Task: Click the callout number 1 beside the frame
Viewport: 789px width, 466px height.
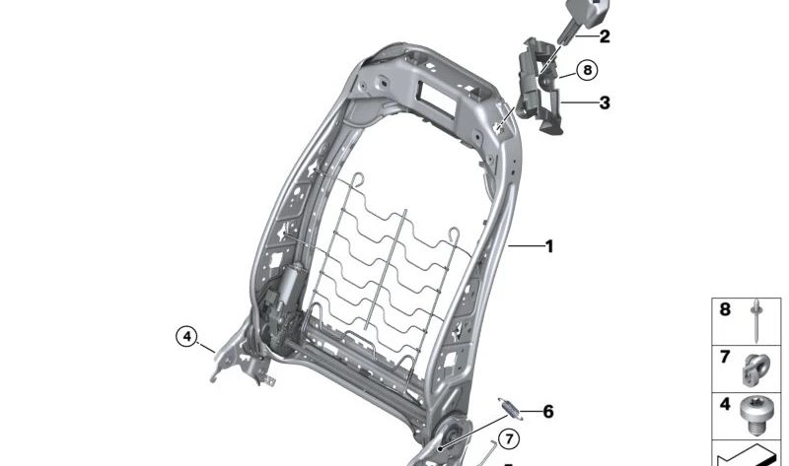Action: click(x=549, y=246)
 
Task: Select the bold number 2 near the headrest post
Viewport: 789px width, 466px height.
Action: click(x=604, y=37)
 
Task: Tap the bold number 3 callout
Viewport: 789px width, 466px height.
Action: click(x=604, y=101)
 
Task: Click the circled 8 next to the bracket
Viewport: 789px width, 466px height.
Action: click(x=588, y=70)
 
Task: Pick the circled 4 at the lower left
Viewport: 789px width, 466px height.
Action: click(x=186, y=336)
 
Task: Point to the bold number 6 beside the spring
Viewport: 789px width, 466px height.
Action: click(x=548, y=411)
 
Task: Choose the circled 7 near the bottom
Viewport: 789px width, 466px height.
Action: click(x=508, y=439)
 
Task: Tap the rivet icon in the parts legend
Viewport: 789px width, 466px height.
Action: click(x=754, y=318)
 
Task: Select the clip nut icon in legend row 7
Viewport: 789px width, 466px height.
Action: click(x=756, y=366)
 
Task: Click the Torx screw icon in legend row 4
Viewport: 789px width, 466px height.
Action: click(x=754, y=415)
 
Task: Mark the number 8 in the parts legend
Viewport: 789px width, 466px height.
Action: click(x=725, y=310)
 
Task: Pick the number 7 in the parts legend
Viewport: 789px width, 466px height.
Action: click(x=725, y=357)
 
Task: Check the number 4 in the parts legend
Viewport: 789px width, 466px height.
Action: click(x=725, y=404)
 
